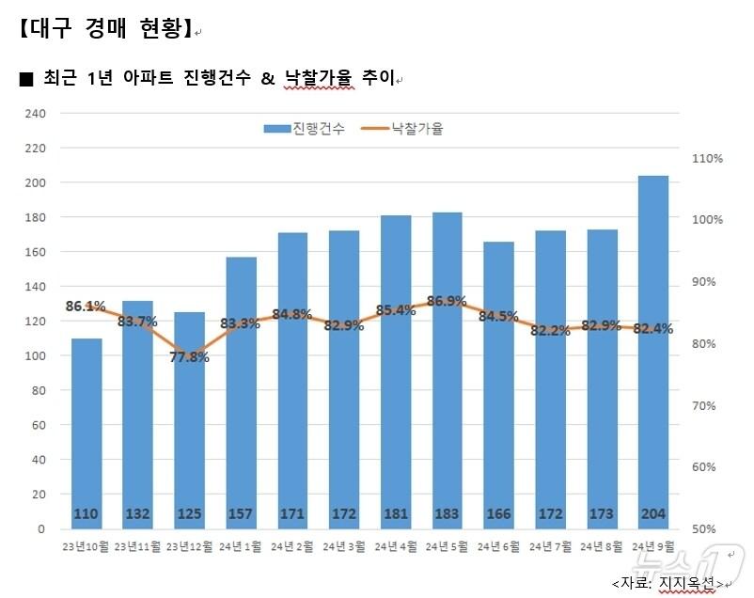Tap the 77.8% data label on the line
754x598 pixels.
[190, 356]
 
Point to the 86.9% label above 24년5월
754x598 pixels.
[447, 302]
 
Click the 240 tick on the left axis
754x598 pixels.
[35, 114]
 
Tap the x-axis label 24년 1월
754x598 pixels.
[242, 546]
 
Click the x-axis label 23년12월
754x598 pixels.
[189, 546]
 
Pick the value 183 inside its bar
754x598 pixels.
[448, 514]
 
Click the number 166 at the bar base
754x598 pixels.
[499, 514]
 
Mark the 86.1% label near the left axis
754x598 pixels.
[86, 306]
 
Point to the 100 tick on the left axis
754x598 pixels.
[35, 356]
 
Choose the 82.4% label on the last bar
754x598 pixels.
[652, 328]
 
